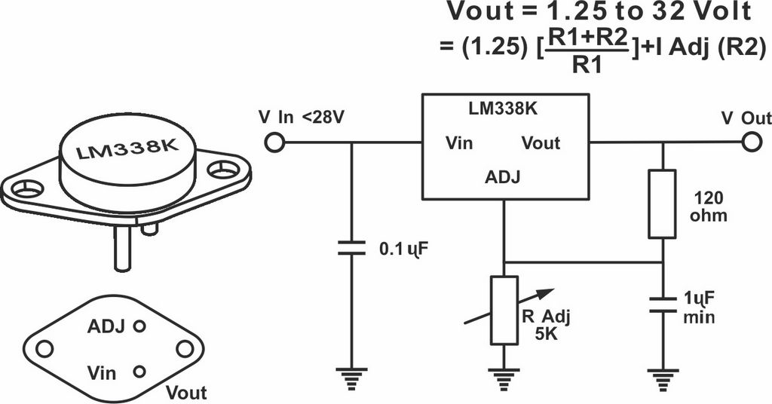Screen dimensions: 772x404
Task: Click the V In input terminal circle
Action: coord(274,142)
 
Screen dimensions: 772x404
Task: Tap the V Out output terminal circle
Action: coord(752,142)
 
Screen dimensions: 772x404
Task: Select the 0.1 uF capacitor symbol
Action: coord(351,248)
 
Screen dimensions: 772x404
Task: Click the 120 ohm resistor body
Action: coord(662,204)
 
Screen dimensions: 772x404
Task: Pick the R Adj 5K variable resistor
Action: coord(504,310)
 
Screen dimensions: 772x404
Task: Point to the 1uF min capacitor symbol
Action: coord(662,305)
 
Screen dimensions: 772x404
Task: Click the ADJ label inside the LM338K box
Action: coord(502,176)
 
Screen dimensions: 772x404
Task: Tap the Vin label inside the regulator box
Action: coord(459,143)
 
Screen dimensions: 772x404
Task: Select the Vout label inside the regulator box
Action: coord(541,143)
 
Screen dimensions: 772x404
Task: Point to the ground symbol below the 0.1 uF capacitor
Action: coord(351,378)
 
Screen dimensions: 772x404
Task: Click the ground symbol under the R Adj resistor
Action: coord(504,378)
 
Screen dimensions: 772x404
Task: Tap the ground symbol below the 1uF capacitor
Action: coord(662,378)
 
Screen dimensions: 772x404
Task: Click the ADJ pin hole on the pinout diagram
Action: coord(140,326)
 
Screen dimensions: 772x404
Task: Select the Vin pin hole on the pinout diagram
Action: coord(139,371)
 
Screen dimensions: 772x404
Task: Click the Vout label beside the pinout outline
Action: coord(186,393)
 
